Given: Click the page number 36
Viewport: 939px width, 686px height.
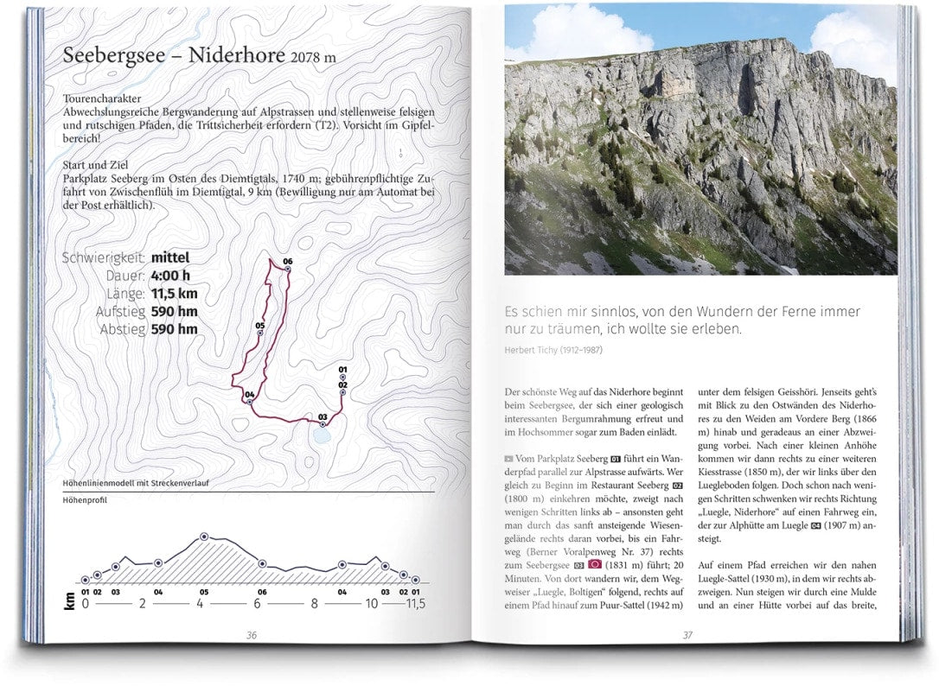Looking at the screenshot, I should click(252, 635).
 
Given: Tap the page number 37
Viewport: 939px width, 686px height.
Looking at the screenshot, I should click(687, 635).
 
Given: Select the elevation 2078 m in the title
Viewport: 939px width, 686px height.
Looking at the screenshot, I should click(314, 58).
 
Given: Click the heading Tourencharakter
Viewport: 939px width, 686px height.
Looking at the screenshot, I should click(102, 99).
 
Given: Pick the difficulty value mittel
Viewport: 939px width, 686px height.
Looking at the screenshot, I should click(170, 257).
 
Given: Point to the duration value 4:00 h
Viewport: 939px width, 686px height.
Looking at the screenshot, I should click(170, 276).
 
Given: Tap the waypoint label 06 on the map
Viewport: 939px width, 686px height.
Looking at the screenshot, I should click(288, 261).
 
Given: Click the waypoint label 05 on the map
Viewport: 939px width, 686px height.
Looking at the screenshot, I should click(259, 326).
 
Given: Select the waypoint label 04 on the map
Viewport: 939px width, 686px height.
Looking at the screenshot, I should click(249, 395).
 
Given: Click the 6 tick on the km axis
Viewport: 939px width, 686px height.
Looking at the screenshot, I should click(258, 604).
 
